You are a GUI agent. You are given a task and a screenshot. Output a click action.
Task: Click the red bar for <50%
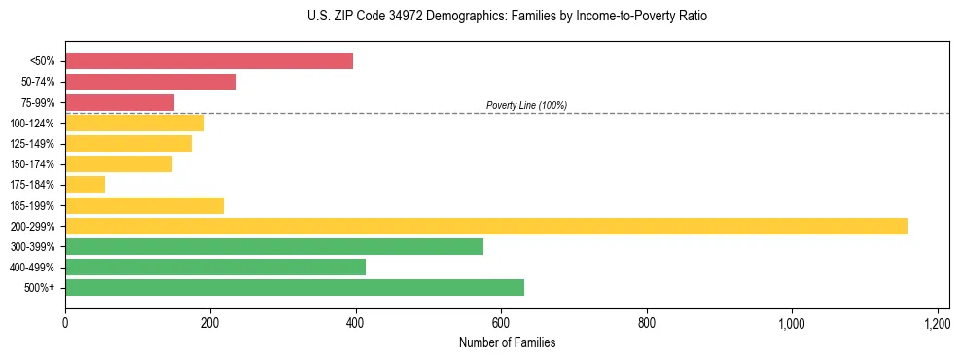click(209, 61)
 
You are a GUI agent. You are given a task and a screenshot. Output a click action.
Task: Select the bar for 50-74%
click(151, 82)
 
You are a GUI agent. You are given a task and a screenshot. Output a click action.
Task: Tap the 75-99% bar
click(120, 102)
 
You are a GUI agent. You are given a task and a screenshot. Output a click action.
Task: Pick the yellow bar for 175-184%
click(86, 185)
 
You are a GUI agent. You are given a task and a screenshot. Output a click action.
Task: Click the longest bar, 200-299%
click(486, 226)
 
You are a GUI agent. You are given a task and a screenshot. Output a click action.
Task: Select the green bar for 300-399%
click(274, 246)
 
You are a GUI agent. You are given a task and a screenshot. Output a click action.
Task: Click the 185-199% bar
click(144, 205)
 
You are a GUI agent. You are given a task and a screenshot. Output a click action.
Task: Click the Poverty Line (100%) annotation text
click(526, 105)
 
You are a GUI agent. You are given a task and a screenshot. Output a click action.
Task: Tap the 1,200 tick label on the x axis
click(937, 323)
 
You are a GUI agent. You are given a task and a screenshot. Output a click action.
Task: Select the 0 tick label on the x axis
click(65, 323)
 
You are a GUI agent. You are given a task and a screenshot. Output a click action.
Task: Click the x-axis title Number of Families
click(507, 342)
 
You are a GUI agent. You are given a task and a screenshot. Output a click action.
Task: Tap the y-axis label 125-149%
click(32, 144)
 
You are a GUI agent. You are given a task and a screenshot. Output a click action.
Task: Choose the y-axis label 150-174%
click(32, 164)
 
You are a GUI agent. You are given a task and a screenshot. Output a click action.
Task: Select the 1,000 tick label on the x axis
click(791, 323)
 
